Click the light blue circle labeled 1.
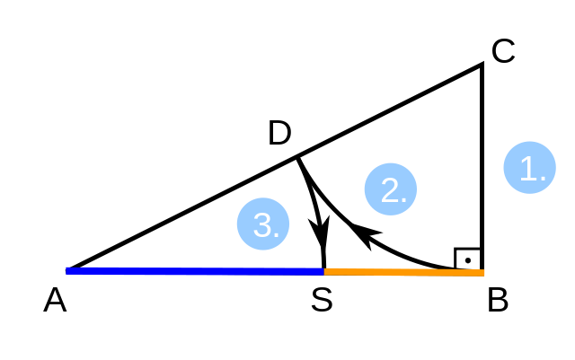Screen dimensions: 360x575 (529, 168)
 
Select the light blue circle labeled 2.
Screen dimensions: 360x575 (390, 189)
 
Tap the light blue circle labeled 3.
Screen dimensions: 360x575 (263, 224)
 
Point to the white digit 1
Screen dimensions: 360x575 (527, 169)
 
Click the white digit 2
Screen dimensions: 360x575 (388, 190)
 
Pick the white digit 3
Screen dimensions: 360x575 (261, 225)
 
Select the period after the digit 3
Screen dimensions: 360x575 (277, 236)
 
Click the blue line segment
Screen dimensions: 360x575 (194, 271)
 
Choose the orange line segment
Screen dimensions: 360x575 (404, 272)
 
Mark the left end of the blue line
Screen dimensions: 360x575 (66, 270)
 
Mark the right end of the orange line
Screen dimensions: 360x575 (484, 273)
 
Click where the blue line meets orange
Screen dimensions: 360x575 (324, 271)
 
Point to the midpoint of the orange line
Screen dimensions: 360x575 (404, 272)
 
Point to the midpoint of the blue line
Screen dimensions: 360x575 (195, 271)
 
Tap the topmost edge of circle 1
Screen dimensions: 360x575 (529, 142)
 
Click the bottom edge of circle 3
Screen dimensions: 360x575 (263, 250)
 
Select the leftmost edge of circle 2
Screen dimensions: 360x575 (364, 189)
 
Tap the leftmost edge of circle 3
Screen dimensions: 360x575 (237, 224)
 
